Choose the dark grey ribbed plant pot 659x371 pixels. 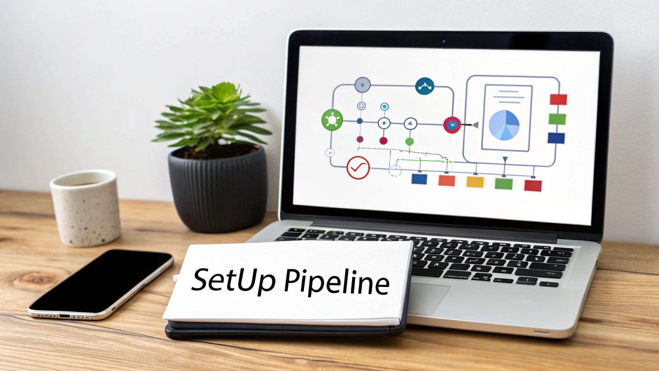[217, 192]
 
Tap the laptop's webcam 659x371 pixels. [444, 41]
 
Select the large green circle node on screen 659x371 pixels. [332, 120]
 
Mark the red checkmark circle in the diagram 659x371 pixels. [358, 167]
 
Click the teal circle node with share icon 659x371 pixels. [425, 86]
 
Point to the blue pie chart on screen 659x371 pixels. [504, 125]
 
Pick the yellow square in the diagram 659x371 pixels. [475, 182]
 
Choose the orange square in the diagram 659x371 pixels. [446, 180]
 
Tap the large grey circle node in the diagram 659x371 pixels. [362, 85]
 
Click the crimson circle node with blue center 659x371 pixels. [452, 125]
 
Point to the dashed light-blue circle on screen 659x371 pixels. [395, 171]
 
